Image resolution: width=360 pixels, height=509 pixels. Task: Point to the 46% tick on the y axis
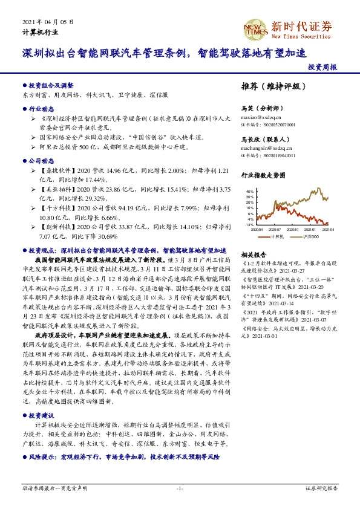(x=250, y=192)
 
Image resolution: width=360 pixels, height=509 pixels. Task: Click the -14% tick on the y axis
(x=249, y=224)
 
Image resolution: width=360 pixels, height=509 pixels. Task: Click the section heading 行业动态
(x=39, y=111)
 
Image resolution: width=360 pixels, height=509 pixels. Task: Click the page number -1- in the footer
(x=180, y=487)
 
